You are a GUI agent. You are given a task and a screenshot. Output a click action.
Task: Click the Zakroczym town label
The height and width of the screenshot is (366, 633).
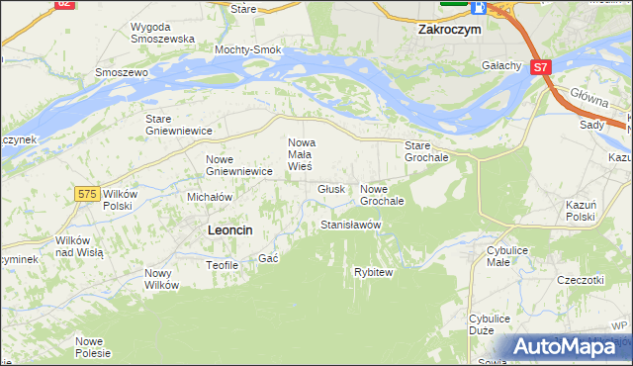[x=449, y=30]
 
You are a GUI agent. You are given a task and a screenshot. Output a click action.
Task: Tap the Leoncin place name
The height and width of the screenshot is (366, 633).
[x=230, y=229]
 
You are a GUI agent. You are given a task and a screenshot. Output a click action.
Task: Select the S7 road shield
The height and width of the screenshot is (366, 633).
[x=539, y=67]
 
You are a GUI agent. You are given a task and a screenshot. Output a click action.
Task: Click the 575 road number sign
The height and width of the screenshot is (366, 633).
[x=87, y=194]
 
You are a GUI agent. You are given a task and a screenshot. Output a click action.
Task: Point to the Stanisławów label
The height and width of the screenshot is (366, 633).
[x=351, y=226]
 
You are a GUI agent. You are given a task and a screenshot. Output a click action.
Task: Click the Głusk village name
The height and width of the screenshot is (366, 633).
[x=331, y=189]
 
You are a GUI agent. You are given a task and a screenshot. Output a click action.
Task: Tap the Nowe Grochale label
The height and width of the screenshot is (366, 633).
[x=383, y=195]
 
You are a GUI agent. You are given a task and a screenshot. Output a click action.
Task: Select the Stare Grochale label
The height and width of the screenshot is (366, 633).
[x=427, y=151]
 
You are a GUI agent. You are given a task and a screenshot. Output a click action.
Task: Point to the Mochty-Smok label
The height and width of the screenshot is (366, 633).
[x=249, y=49]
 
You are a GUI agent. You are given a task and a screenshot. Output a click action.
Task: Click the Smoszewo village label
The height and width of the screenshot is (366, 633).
[x=121, y=72]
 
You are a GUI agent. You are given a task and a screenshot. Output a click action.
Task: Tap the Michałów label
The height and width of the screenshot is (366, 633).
[x=210, y=197]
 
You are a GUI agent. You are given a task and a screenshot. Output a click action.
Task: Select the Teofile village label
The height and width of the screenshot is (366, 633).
[x=222, y=265]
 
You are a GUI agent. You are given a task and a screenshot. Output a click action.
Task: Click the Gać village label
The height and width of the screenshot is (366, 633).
[x=267, y=258]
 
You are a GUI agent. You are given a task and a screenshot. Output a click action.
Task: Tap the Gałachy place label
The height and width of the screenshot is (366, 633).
[x=501, y=65]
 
